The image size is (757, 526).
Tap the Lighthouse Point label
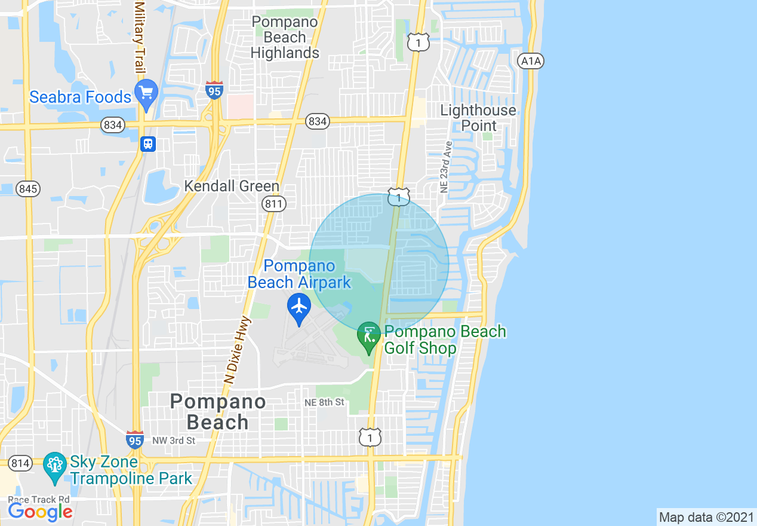478,118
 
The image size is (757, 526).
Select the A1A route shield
531,60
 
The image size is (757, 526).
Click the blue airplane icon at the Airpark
299,308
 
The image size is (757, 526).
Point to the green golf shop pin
369,337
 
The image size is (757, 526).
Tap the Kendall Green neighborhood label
232,186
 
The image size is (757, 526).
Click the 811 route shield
274,204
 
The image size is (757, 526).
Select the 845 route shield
28,189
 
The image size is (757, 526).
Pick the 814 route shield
21,463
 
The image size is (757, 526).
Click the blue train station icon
148,144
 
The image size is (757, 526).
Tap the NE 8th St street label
324,402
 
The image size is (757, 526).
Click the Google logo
39,512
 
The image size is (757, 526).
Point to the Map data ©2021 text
706,517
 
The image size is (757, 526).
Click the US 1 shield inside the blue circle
398,197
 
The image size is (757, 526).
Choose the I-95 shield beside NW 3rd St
135,441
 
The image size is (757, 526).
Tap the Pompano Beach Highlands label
284,37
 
